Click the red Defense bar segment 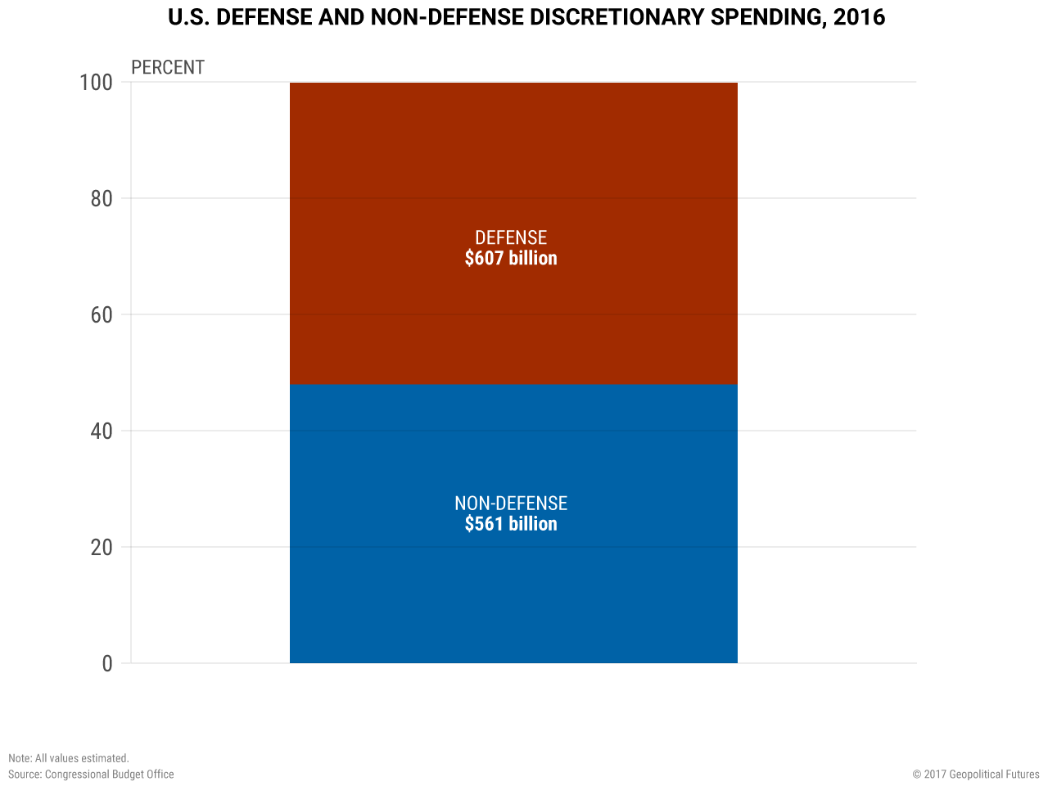pos(513,164)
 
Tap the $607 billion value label pos(511,259)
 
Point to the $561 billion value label pos(511,525)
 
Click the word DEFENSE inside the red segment pos(511,237)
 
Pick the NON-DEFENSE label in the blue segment pos(511,504)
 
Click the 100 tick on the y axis pos(96,83)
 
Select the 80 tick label pos(102,199)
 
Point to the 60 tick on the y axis pos(102,315)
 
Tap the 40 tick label pos(102,431)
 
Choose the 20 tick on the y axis pos(102,548)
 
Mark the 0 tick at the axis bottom pos(107,664)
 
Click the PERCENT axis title pos(168,67)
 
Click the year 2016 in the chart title pos(859,17)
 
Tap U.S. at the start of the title pos(188,17)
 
